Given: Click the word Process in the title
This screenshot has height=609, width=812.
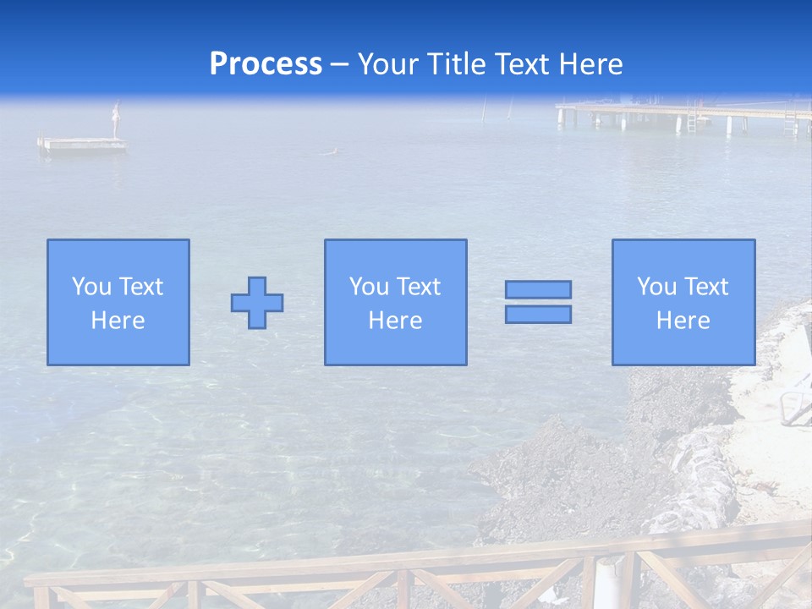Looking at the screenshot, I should (x=266, y=64).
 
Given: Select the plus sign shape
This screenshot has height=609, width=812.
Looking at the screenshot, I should (x=257, y=303).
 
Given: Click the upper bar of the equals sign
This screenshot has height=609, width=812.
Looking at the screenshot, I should (x=538, y=289).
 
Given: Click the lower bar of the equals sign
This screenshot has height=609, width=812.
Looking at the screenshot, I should (x=538, y=315).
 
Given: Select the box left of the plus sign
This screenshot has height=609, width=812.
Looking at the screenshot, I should (x=118, y=302).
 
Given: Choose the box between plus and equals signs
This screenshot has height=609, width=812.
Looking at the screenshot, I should (x=395, y=302).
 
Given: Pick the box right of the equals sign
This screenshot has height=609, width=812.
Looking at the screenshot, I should (x=683, y=302).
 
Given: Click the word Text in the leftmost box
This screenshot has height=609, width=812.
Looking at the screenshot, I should (x=140, y=287).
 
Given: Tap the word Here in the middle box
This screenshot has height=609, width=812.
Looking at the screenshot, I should (x=395, y=321).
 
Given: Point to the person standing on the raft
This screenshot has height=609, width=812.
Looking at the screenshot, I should (x=117, y=119).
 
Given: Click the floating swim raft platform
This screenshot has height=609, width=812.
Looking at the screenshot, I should (x=82, y=145).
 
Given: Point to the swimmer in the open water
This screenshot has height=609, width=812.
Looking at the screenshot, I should (x=332, y=152).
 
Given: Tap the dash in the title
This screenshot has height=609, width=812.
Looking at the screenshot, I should (x=340, y=64).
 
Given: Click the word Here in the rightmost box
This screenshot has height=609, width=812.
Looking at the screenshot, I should (x=683, y=321).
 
